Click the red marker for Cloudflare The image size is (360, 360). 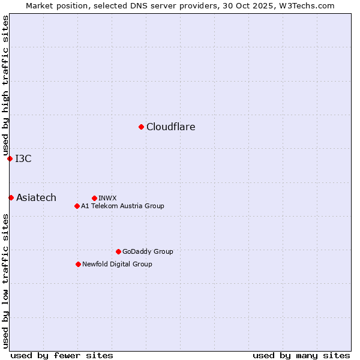[x=141, y=127]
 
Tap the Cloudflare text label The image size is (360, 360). [x=171, y=127]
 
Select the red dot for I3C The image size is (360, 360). [x=10, y=158]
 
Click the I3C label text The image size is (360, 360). [x=23, y=158]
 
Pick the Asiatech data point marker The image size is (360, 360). [x=11, y=197]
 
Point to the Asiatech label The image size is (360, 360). [x=36, y=197]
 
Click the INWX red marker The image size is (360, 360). [x=94, y=198]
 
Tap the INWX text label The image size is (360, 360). [x=107, y=198]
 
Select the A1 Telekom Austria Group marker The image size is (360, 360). [x=77, y=206]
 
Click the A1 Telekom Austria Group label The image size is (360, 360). [x=122, y=206]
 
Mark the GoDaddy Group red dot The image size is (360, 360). [x=118, y=251]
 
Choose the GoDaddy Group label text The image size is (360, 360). [x=148, y=251]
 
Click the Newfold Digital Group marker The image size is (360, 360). [x=78, y=264]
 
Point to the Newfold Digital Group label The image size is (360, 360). [x=117, y=264]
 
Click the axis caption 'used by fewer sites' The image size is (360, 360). [x=62, y=355]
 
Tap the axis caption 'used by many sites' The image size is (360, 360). [x=301, y=355]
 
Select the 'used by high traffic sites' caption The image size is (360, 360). [x=5, y=86]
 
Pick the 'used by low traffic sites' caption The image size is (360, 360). [x=5, y=281]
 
